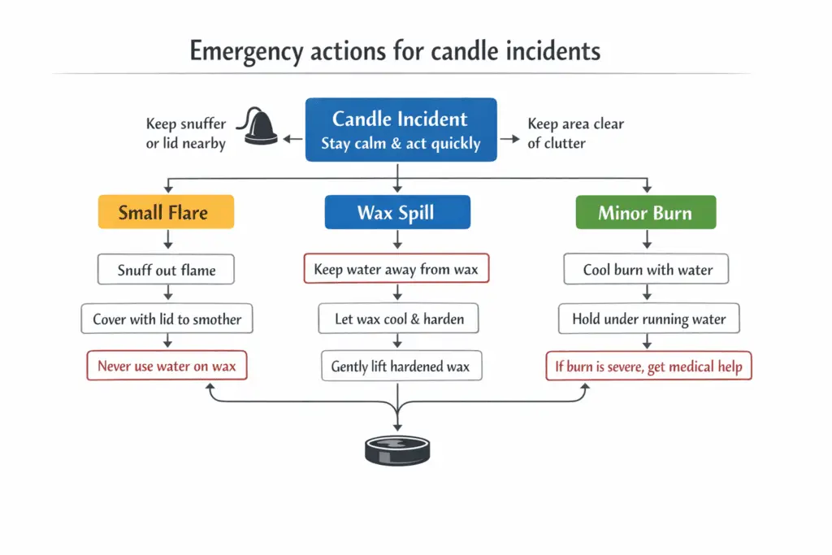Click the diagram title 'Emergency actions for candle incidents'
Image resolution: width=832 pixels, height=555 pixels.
point(395,51)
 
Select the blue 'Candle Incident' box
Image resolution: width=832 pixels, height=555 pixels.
point(401,130)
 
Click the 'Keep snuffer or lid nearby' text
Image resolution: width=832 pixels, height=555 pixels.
point(186,133)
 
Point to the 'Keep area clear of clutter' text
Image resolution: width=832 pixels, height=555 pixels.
point(575,133)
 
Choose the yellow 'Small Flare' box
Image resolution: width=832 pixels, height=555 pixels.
point(166,212)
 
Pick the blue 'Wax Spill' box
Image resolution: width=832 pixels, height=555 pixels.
point(396,212)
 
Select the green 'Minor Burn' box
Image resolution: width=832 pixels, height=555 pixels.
point(645,212)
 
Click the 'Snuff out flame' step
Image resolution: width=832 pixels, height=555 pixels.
point(166,270)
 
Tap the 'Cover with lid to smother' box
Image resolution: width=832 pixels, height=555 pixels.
point(167,319)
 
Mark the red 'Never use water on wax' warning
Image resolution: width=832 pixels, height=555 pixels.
point(167,366)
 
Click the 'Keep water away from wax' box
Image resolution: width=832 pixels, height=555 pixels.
point(396,269)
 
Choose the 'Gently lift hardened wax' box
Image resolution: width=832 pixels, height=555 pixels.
point(401,366)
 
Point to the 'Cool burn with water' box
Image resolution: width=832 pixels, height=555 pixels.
point(647,270)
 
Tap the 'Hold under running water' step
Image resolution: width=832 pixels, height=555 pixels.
point(648,319)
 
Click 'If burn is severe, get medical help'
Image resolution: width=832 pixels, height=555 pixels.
point(648,366)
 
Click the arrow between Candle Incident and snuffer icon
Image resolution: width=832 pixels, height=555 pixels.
point(292,140)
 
